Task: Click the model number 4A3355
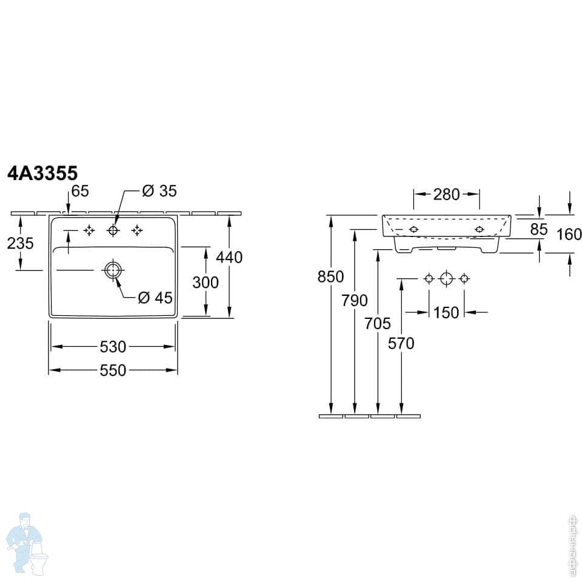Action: point(42,174)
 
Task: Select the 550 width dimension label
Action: point(113,370)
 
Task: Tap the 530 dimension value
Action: point(113,347)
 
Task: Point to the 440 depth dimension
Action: point(230,257)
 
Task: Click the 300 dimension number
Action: point(206,282)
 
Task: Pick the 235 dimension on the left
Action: point(20,243)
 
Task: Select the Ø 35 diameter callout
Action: point(159,191)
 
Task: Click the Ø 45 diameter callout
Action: point(155,298)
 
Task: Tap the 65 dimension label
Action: point(80,191)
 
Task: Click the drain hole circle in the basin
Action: point(113,270)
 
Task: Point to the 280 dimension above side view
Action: point(446,195)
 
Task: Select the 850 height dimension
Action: point(330,276)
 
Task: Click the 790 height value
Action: point(355,300)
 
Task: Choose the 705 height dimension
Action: point(378,323)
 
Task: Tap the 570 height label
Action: point(401,343)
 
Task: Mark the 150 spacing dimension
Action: point(446,313)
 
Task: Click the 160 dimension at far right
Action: point(569,234)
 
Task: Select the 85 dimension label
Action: point(538,229)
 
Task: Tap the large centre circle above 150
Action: point(446,278)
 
